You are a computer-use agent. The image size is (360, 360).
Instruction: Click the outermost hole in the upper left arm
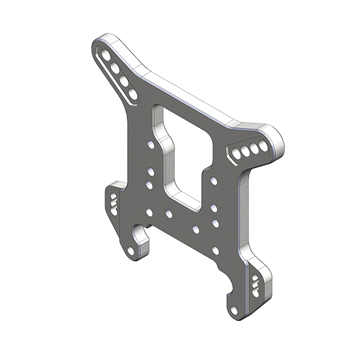pos(106,56)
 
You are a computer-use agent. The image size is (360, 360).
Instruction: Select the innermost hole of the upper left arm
pos(132,94)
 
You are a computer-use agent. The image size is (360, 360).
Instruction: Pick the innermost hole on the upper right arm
pos(236,154)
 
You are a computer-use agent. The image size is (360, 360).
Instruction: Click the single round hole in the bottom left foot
pos(131,251)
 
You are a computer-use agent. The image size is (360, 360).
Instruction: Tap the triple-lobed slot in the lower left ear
pos(113,203)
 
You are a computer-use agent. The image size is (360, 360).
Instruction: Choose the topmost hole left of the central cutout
pos(150,145)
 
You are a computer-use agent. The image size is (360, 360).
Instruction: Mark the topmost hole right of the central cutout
pos(214,179)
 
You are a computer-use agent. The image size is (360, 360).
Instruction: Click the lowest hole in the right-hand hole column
pos(215,250)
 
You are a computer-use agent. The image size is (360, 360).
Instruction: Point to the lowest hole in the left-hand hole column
pos(149,212)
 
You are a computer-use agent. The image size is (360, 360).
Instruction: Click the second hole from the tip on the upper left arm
pos(114,68)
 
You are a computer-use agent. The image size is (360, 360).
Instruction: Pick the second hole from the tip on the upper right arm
pos(254,148)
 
